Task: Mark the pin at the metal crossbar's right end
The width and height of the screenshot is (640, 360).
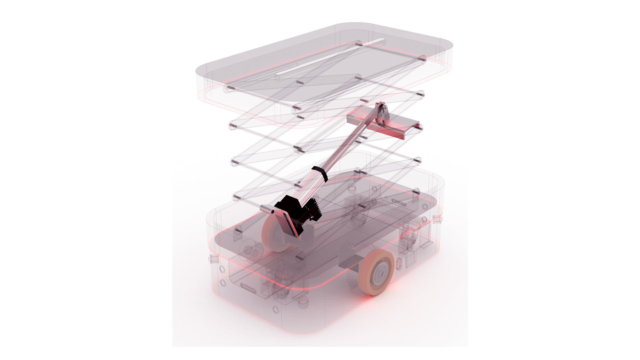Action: click(x=421, y=128)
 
